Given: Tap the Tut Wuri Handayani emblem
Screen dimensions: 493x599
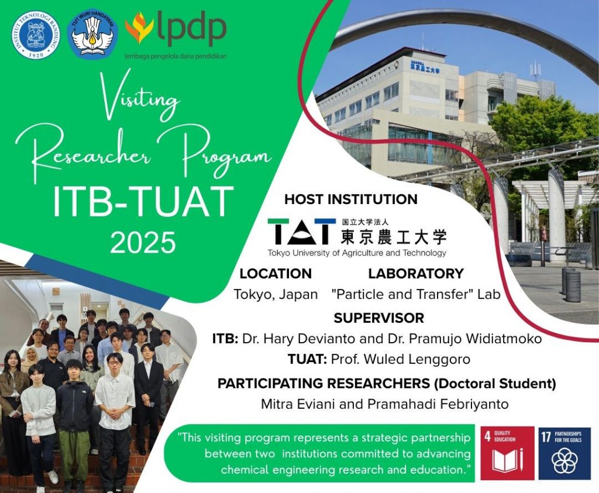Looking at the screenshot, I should pyautogui.click(x=94, y=33).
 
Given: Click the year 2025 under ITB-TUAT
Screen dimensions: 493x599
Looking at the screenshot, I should pyautogui.click(x=143, y=242).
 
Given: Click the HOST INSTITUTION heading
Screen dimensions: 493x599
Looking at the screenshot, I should pyautogui.click(x=351, y=199).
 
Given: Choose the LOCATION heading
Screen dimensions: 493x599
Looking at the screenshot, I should pyautogui.click(x=276, y=273).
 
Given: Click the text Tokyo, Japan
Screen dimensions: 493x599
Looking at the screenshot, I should pyautogui.click(x=276, y=294).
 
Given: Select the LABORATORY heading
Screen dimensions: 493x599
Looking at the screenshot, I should pyautogui.click(x=416, y=273).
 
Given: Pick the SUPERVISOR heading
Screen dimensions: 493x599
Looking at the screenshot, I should pyautogui.click(x=379, y=318).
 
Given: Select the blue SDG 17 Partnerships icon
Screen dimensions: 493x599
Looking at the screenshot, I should pyautogui.click(x=564, y=453).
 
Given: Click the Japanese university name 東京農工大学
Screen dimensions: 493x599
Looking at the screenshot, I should pyautogui.click(x=393, y=235).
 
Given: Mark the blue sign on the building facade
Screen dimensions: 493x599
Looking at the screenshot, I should pyautogui.click(x=424, y=67).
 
